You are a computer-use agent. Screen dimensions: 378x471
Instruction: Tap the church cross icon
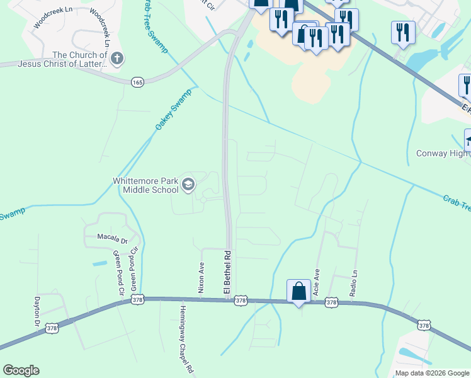[x=116, y=59]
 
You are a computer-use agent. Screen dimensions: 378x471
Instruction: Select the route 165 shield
[x=137, y=82]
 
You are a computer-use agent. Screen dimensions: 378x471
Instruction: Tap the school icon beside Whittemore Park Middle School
[x=188, y=185]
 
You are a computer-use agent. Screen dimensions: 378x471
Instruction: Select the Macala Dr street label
[x=112, y=239]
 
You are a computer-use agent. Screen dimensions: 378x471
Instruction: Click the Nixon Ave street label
[x=201, y=278]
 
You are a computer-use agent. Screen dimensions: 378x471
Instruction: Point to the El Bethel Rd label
[x=228, y=272]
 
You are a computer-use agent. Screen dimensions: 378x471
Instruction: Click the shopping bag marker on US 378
[x=298, y=292]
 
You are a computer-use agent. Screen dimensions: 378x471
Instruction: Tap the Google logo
[x=21, y=370]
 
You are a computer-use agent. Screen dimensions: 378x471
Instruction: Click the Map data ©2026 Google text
[x=432, y=373]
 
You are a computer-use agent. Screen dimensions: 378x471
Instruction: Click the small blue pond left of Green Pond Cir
[x=99, y=263]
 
